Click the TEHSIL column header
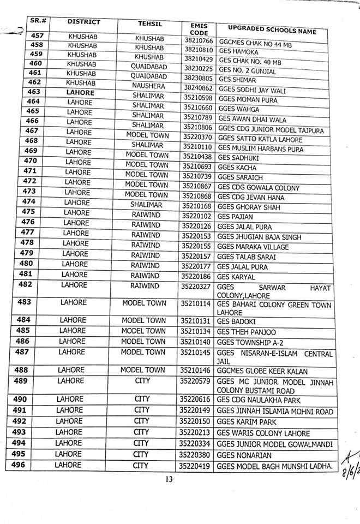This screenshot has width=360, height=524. [146, 25]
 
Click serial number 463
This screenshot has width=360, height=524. [34, 92]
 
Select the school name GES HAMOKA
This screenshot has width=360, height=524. [238, 51]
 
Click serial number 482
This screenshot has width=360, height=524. [25, 285]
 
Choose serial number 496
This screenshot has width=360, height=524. [19, 466]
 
